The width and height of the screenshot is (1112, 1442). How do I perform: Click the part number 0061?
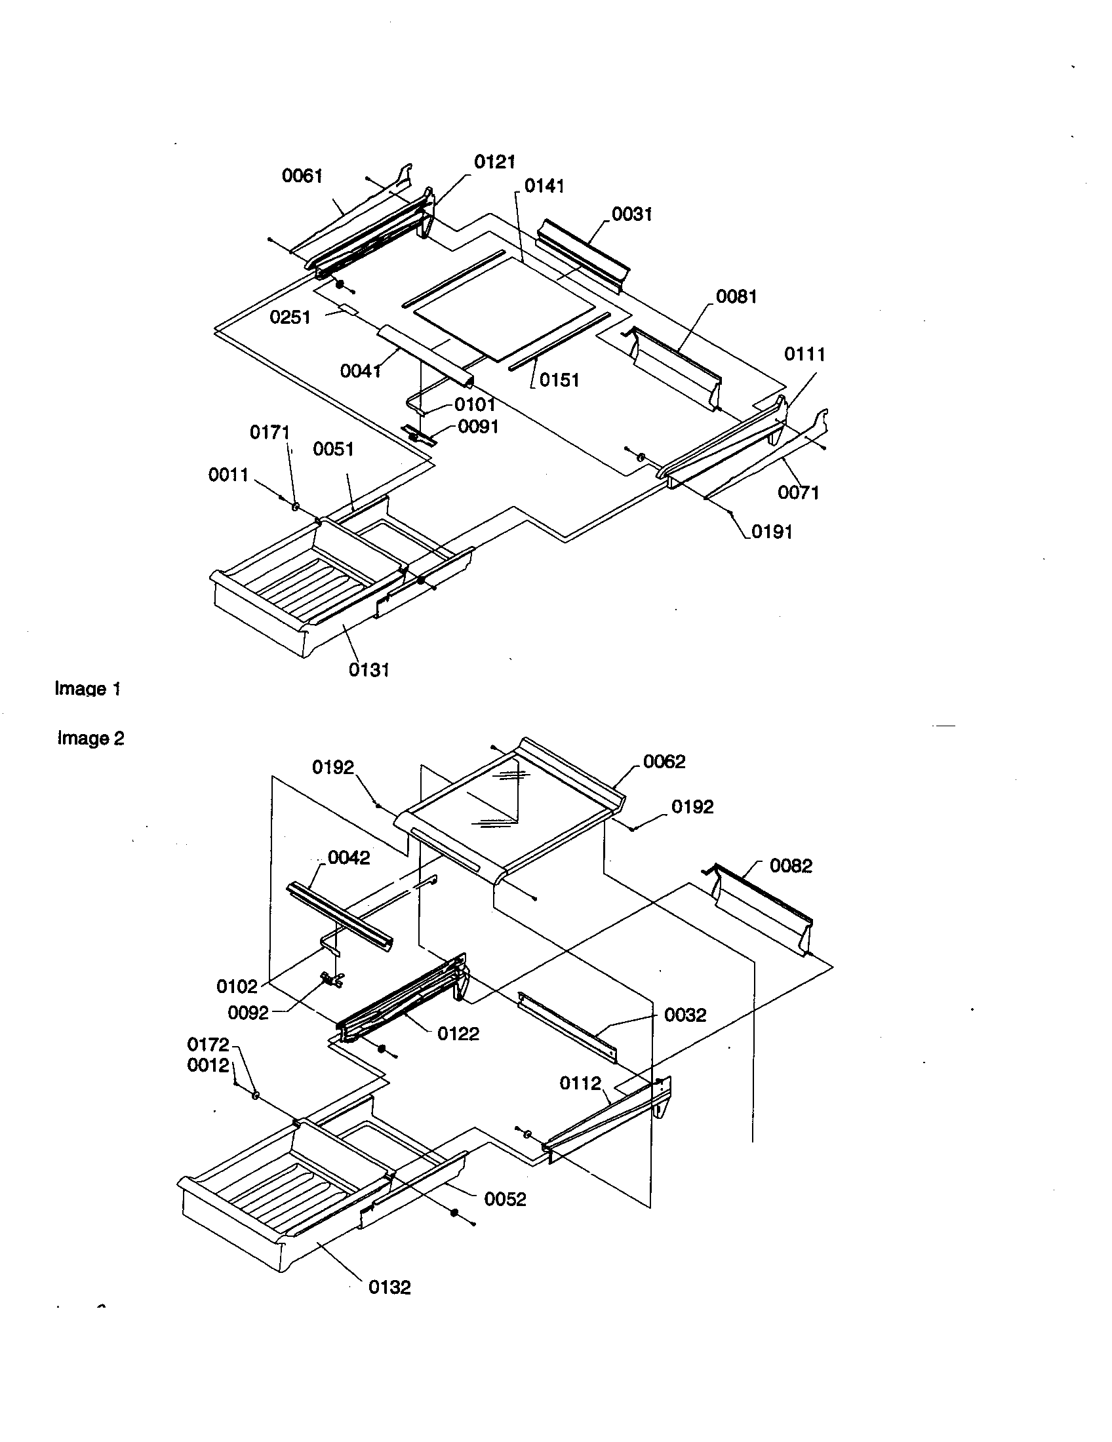(x=302, y=176)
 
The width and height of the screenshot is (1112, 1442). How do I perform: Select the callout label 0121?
(x=494, y=162)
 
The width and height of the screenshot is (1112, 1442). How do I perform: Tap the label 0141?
(x=544, y=186)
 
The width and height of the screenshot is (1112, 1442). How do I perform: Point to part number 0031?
(x=631, y=214)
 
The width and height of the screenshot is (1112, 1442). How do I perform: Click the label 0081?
(x=736, y=296)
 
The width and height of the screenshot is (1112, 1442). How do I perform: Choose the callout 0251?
(x=290, y=318)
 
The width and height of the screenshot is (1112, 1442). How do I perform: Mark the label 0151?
(x=559, y=380)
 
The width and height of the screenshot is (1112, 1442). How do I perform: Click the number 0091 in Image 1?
(x=478, y=427)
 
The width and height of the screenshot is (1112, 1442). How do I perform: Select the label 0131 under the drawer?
(x=369, y=670)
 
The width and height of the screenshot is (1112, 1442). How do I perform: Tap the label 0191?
(x=772, y=532)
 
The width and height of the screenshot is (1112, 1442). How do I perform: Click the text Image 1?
(x=87, y=689)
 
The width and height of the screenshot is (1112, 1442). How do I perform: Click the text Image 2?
(x=90, y=738)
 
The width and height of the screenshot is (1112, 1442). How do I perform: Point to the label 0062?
(x=664, y=762)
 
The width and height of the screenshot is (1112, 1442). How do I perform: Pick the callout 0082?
(x=791, y=866)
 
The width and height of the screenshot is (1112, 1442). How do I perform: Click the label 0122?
(x=458, y=1034)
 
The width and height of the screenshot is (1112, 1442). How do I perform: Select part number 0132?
(x=389, y=1287)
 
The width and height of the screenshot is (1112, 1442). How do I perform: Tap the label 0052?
(x=505, y=1199)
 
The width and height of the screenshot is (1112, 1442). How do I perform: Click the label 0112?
(x=580, y=1083)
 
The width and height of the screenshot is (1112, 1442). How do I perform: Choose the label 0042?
(x=349, y=858)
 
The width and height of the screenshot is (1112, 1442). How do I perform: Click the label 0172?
(x=208, y=1045)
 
